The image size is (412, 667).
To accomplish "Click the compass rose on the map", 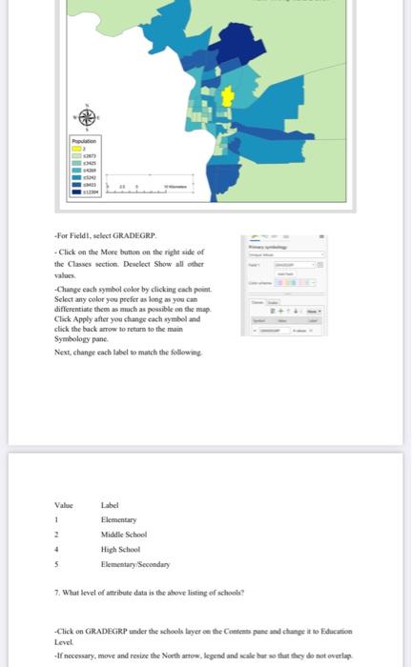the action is click(87, 116).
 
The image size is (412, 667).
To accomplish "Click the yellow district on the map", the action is click(227, 96).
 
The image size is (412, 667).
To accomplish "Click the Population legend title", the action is click(86, 140).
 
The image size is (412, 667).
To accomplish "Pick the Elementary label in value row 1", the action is click(119, 520).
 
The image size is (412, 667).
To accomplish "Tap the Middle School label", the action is click(123, 535).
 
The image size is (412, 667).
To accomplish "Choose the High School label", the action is click(121, 549).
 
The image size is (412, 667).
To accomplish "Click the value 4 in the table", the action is click(56, 549).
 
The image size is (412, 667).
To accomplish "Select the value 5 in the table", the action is click(56, 563).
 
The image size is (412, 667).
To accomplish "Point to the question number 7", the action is click(56, 593).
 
